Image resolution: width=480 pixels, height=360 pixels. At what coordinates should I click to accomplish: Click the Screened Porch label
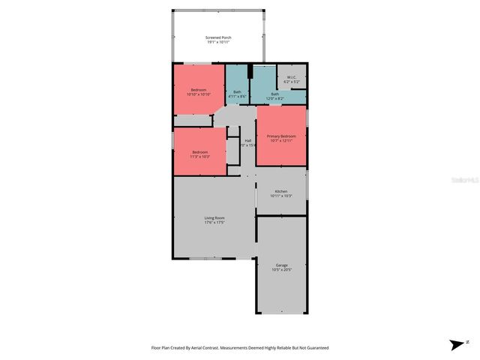click(x=218, y=37)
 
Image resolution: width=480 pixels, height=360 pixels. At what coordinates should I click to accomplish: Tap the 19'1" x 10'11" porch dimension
click(x=218, y=42)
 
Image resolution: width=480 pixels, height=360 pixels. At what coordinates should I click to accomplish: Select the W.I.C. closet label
click(x=292, y=77)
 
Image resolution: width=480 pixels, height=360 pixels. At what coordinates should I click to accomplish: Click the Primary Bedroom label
click(x=281, y=136)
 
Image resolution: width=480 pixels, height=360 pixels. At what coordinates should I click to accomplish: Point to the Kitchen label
click(x=281, y=191)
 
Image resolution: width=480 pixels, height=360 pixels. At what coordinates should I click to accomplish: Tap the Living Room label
click(x=214, y=217)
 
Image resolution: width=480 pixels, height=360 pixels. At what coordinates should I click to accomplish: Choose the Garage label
click(x=282, y=265)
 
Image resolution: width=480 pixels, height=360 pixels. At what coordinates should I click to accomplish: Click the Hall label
click(x=247, y=140)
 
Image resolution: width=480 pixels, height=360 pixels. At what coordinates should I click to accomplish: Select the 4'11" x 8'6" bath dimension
click(x=237, y=96)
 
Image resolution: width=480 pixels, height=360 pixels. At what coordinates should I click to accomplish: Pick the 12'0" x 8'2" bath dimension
click(x=274, y=98)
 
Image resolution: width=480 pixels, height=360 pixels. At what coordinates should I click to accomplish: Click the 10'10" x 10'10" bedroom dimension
click(x=199, y=94)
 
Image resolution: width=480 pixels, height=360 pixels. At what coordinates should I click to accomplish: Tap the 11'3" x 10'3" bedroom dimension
click(x=199, y=156)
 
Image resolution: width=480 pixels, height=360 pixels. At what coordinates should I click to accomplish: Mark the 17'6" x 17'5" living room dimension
click(x=214, y=223)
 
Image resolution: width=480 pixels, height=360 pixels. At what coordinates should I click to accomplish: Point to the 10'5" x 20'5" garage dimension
click(x=282, y=269)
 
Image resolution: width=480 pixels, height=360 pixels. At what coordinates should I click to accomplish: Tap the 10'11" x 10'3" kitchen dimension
click(x=281, y=196)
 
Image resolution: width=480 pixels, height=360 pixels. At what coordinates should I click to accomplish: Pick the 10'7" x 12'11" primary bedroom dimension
click(x=281, y=140)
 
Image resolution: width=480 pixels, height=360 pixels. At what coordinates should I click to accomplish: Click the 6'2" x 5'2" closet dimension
click(x=292, y=82)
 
